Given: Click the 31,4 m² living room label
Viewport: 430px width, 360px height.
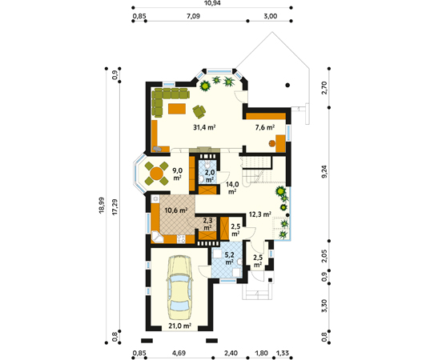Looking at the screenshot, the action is (204, 127).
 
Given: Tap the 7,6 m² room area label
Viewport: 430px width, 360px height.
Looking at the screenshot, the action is (265, 127).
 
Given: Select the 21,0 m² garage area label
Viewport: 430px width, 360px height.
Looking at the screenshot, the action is (179, 326).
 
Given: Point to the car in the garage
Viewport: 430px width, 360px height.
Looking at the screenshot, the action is (179, 287).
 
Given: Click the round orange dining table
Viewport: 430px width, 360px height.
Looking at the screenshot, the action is (157, 174).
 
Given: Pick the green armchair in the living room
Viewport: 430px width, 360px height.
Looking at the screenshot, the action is (199, 111).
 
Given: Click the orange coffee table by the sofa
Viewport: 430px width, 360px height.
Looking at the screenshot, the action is (177, 109).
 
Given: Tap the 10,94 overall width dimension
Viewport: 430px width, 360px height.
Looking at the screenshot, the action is (212, 3).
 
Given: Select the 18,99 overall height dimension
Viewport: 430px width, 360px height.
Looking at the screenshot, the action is (102, 206).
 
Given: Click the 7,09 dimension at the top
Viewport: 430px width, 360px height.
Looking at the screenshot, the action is (193, 16).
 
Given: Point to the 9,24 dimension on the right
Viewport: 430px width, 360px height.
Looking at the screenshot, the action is (324, 172).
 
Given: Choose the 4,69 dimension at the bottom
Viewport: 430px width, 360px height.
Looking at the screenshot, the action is (179, 353).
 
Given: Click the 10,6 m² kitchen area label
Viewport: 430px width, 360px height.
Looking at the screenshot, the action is (176, 210).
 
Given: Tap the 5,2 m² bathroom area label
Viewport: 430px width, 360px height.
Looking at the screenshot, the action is (229, 258).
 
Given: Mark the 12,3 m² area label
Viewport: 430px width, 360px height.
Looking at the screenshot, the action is (260, 214).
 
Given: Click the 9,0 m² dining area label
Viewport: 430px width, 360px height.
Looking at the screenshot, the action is (177, 174).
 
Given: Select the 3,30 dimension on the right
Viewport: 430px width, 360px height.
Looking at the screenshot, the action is (324, 306).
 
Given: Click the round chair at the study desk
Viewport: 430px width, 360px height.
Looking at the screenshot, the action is (272, 143).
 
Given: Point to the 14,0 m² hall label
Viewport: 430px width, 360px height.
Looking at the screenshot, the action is (232, 188).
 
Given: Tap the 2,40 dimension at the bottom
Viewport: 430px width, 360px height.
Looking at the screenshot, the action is (231, 353).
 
